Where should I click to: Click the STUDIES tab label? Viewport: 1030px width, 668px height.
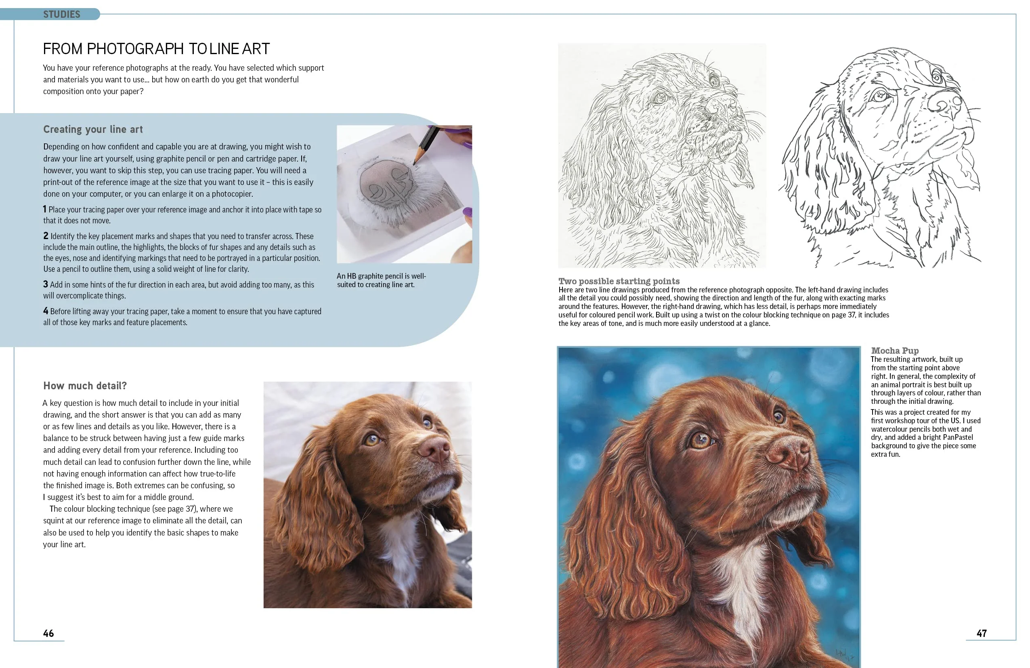61,14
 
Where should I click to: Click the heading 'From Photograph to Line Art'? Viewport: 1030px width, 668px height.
156,49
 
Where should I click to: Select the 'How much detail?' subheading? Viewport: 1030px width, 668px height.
85,385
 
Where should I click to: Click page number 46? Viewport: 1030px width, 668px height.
48,633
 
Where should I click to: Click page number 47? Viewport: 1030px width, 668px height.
982,633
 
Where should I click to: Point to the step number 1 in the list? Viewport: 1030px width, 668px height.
44,209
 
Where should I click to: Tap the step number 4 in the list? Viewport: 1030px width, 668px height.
46,311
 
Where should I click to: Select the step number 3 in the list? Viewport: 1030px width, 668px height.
46,284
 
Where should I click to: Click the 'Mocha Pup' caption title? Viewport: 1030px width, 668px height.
895,350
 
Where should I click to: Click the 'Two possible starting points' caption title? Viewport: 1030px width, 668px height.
619,281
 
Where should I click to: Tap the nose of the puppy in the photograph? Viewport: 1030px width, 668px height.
434,450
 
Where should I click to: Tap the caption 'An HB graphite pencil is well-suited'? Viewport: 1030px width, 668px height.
381,280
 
